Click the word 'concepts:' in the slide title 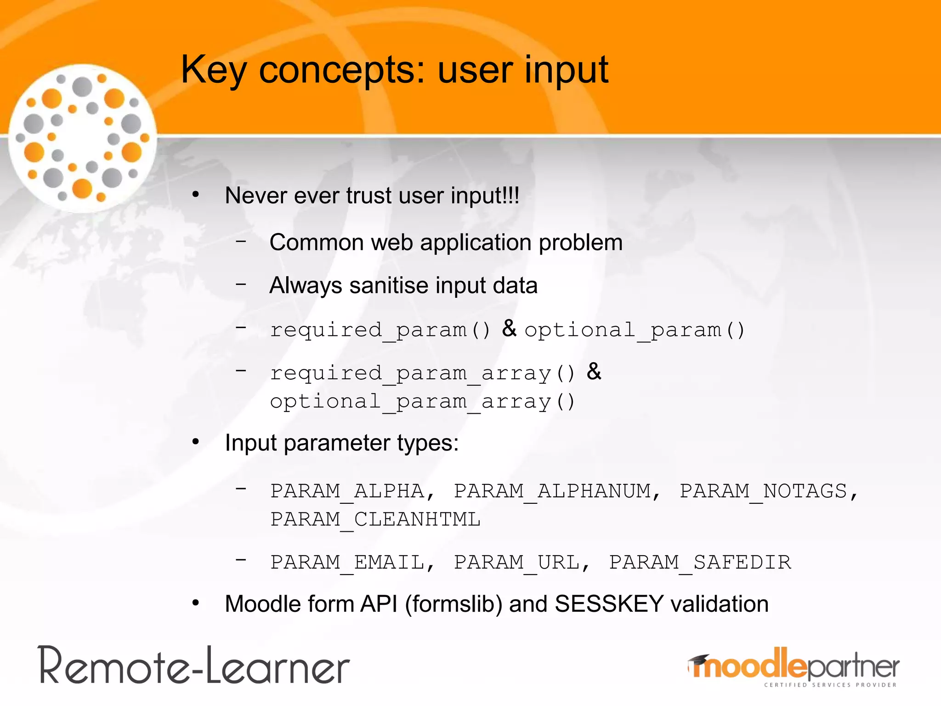(x=342, y=70)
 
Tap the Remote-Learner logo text (x=194, y=666)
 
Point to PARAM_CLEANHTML (x=375, y=519)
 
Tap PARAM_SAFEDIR (x=700, y=562)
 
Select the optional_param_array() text (x=422, y=401)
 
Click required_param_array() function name (x=422, y=373)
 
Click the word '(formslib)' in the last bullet (x=453, y=604)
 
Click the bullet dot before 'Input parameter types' (x=196, y=442)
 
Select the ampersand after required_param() (x=509, y=328)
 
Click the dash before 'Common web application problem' (x=241, y=240)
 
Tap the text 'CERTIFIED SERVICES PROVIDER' (x=830, y=685)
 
